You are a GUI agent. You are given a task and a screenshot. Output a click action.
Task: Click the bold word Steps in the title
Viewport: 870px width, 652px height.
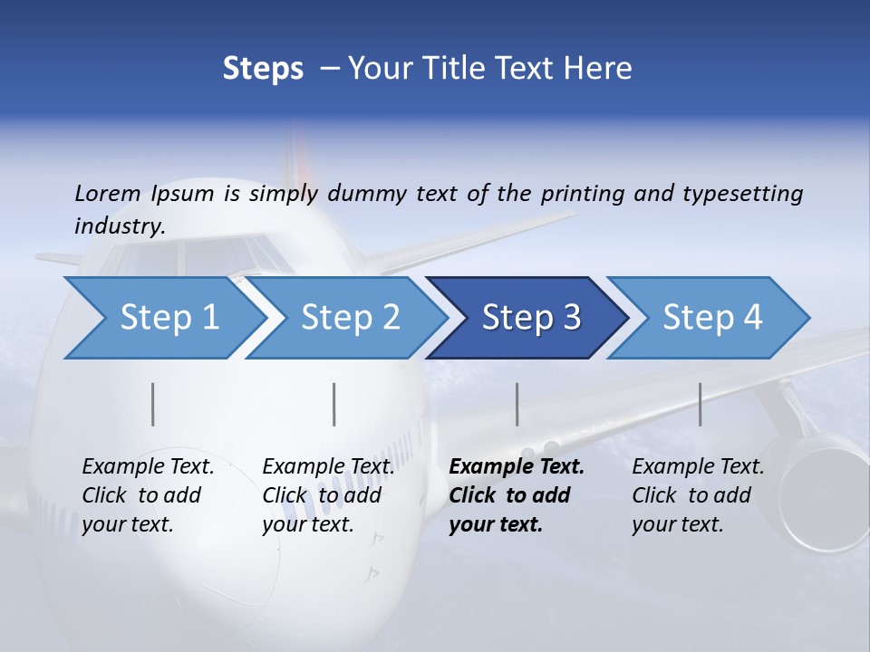(263, 68)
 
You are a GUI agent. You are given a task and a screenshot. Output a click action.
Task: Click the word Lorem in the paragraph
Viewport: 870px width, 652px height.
(108, 193)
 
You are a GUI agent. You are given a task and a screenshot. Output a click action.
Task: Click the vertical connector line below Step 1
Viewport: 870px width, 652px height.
(153, 404)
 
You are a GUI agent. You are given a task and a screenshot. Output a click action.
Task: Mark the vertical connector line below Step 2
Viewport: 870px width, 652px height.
(334, 404)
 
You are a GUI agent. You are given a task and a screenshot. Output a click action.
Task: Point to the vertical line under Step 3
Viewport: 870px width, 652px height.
(517, 404)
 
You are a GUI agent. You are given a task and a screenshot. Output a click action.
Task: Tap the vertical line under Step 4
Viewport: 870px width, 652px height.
(700, 404)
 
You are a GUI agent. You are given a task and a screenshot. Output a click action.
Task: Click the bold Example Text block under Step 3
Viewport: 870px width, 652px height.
(515, 495)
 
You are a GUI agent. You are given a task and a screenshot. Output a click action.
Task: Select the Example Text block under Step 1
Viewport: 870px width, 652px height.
(148, 495)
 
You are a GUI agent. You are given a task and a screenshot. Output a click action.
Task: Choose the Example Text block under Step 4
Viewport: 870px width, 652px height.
(697, 495)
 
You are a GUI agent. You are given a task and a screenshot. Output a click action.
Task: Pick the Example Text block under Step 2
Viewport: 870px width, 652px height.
(328, 495)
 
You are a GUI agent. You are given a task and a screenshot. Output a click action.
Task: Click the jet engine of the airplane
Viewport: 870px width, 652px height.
(820, 489)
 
